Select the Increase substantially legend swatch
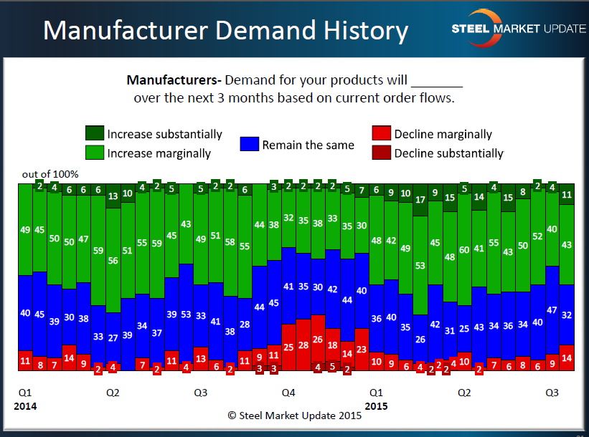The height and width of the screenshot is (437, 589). point(95,134)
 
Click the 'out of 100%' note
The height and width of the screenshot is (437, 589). point(50,174)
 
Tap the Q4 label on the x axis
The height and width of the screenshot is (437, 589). point(288,393)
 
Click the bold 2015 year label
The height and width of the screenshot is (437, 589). point(377,405)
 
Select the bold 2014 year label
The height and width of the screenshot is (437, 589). point(25,405)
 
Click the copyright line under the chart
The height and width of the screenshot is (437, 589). point(293,415)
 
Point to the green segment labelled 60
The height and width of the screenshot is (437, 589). point(464,249)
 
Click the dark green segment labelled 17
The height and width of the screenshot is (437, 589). point(420,201)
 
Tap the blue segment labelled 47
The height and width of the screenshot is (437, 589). point(552,310)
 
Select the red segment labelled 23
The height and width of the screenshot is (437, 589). point(362,349)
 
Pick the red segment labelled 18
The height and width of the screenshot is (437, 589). point(332,345)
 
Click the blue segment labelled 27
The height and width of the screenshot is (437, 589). point(113,337)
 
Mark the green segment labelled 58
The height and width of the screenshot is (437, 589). point(230,242)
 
